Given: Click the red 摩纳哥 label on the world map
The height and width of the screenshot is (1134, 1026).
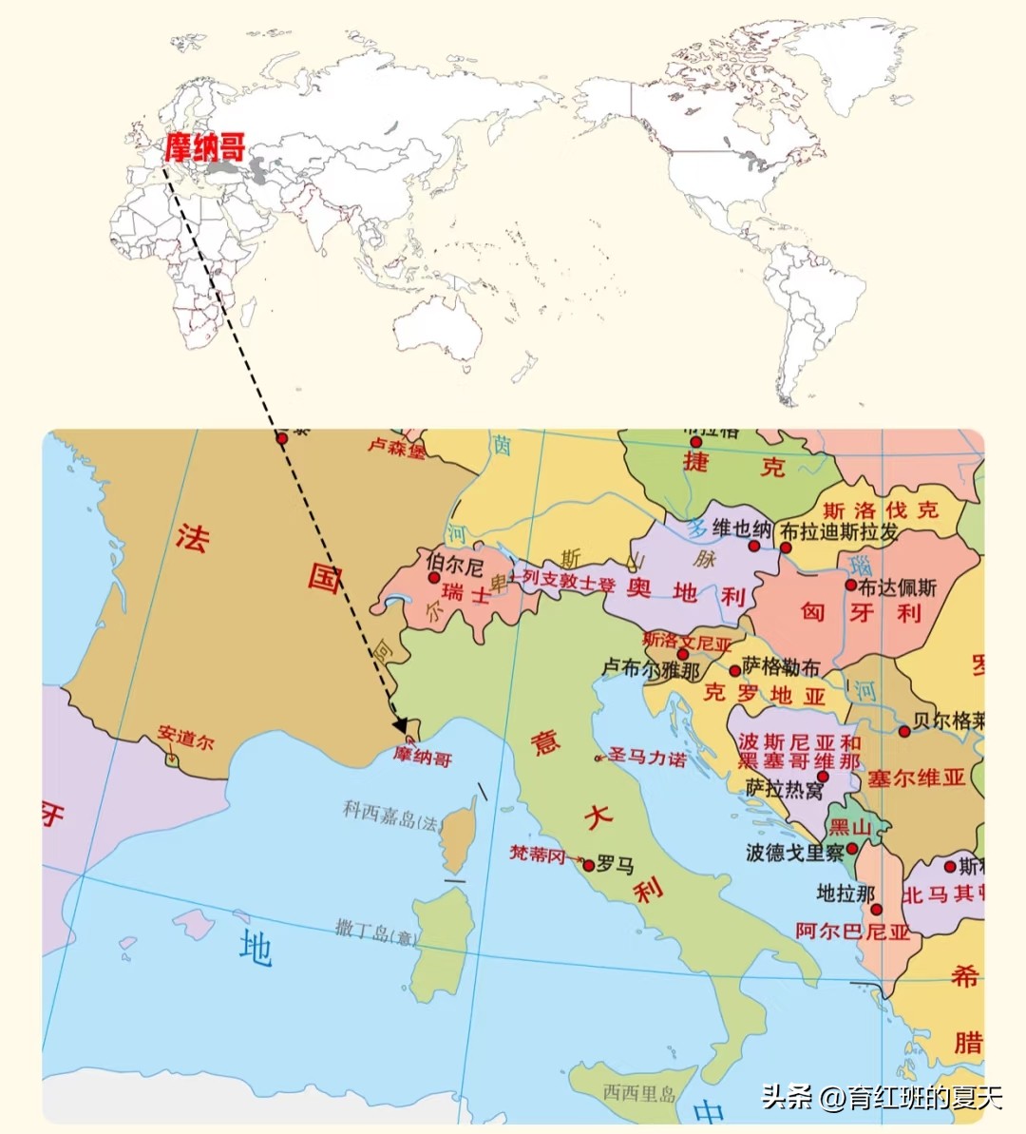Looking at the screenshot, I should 205,147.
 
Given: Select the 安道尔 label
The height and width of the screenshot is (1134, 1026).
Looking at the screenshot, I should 186,737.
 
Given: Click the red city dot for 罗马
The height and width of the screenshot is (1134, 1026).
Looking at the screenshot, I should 589,865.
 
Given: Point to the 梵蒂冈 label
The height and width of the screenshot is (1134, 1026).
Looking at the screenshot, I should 538,854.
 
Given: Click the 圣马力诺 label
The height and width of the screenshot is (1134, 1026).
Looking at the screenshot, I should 648,757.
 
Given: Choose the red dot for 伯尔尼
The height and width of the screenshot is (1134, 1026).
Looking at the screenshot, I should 434,577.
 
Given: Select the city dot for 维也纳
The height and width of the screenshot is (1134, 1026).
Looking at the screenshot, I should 754,547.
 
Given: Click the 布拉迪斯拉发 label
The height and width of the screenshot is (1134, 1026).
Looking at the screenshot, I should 840,531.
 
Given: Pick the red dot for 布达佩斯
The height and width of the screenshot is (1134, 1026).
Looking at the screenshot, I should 851,586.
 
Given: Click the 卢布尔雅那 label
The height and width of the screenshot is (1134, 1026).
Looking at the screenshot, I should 651,669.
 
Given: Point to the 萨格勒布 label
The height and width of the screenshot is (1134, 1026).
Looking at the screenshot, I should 781,666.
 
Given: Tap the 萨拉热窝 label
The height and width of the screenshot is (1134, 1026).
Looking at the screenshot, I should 785,788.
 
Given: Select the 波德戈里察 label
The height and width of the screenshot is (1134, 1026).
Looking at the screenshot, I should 795,853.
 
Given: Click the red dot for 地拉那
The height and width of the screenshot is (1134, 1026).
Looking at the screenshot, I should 876,910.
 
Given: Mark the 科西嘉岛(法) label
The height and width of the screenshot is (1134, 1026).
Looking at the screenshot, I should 391,816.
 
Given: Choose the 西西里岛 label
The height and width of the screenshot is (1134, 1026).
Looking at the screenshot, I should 639,1093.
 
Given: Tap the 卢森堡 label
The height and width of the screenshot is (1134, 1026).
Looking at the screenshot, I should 397,447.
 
